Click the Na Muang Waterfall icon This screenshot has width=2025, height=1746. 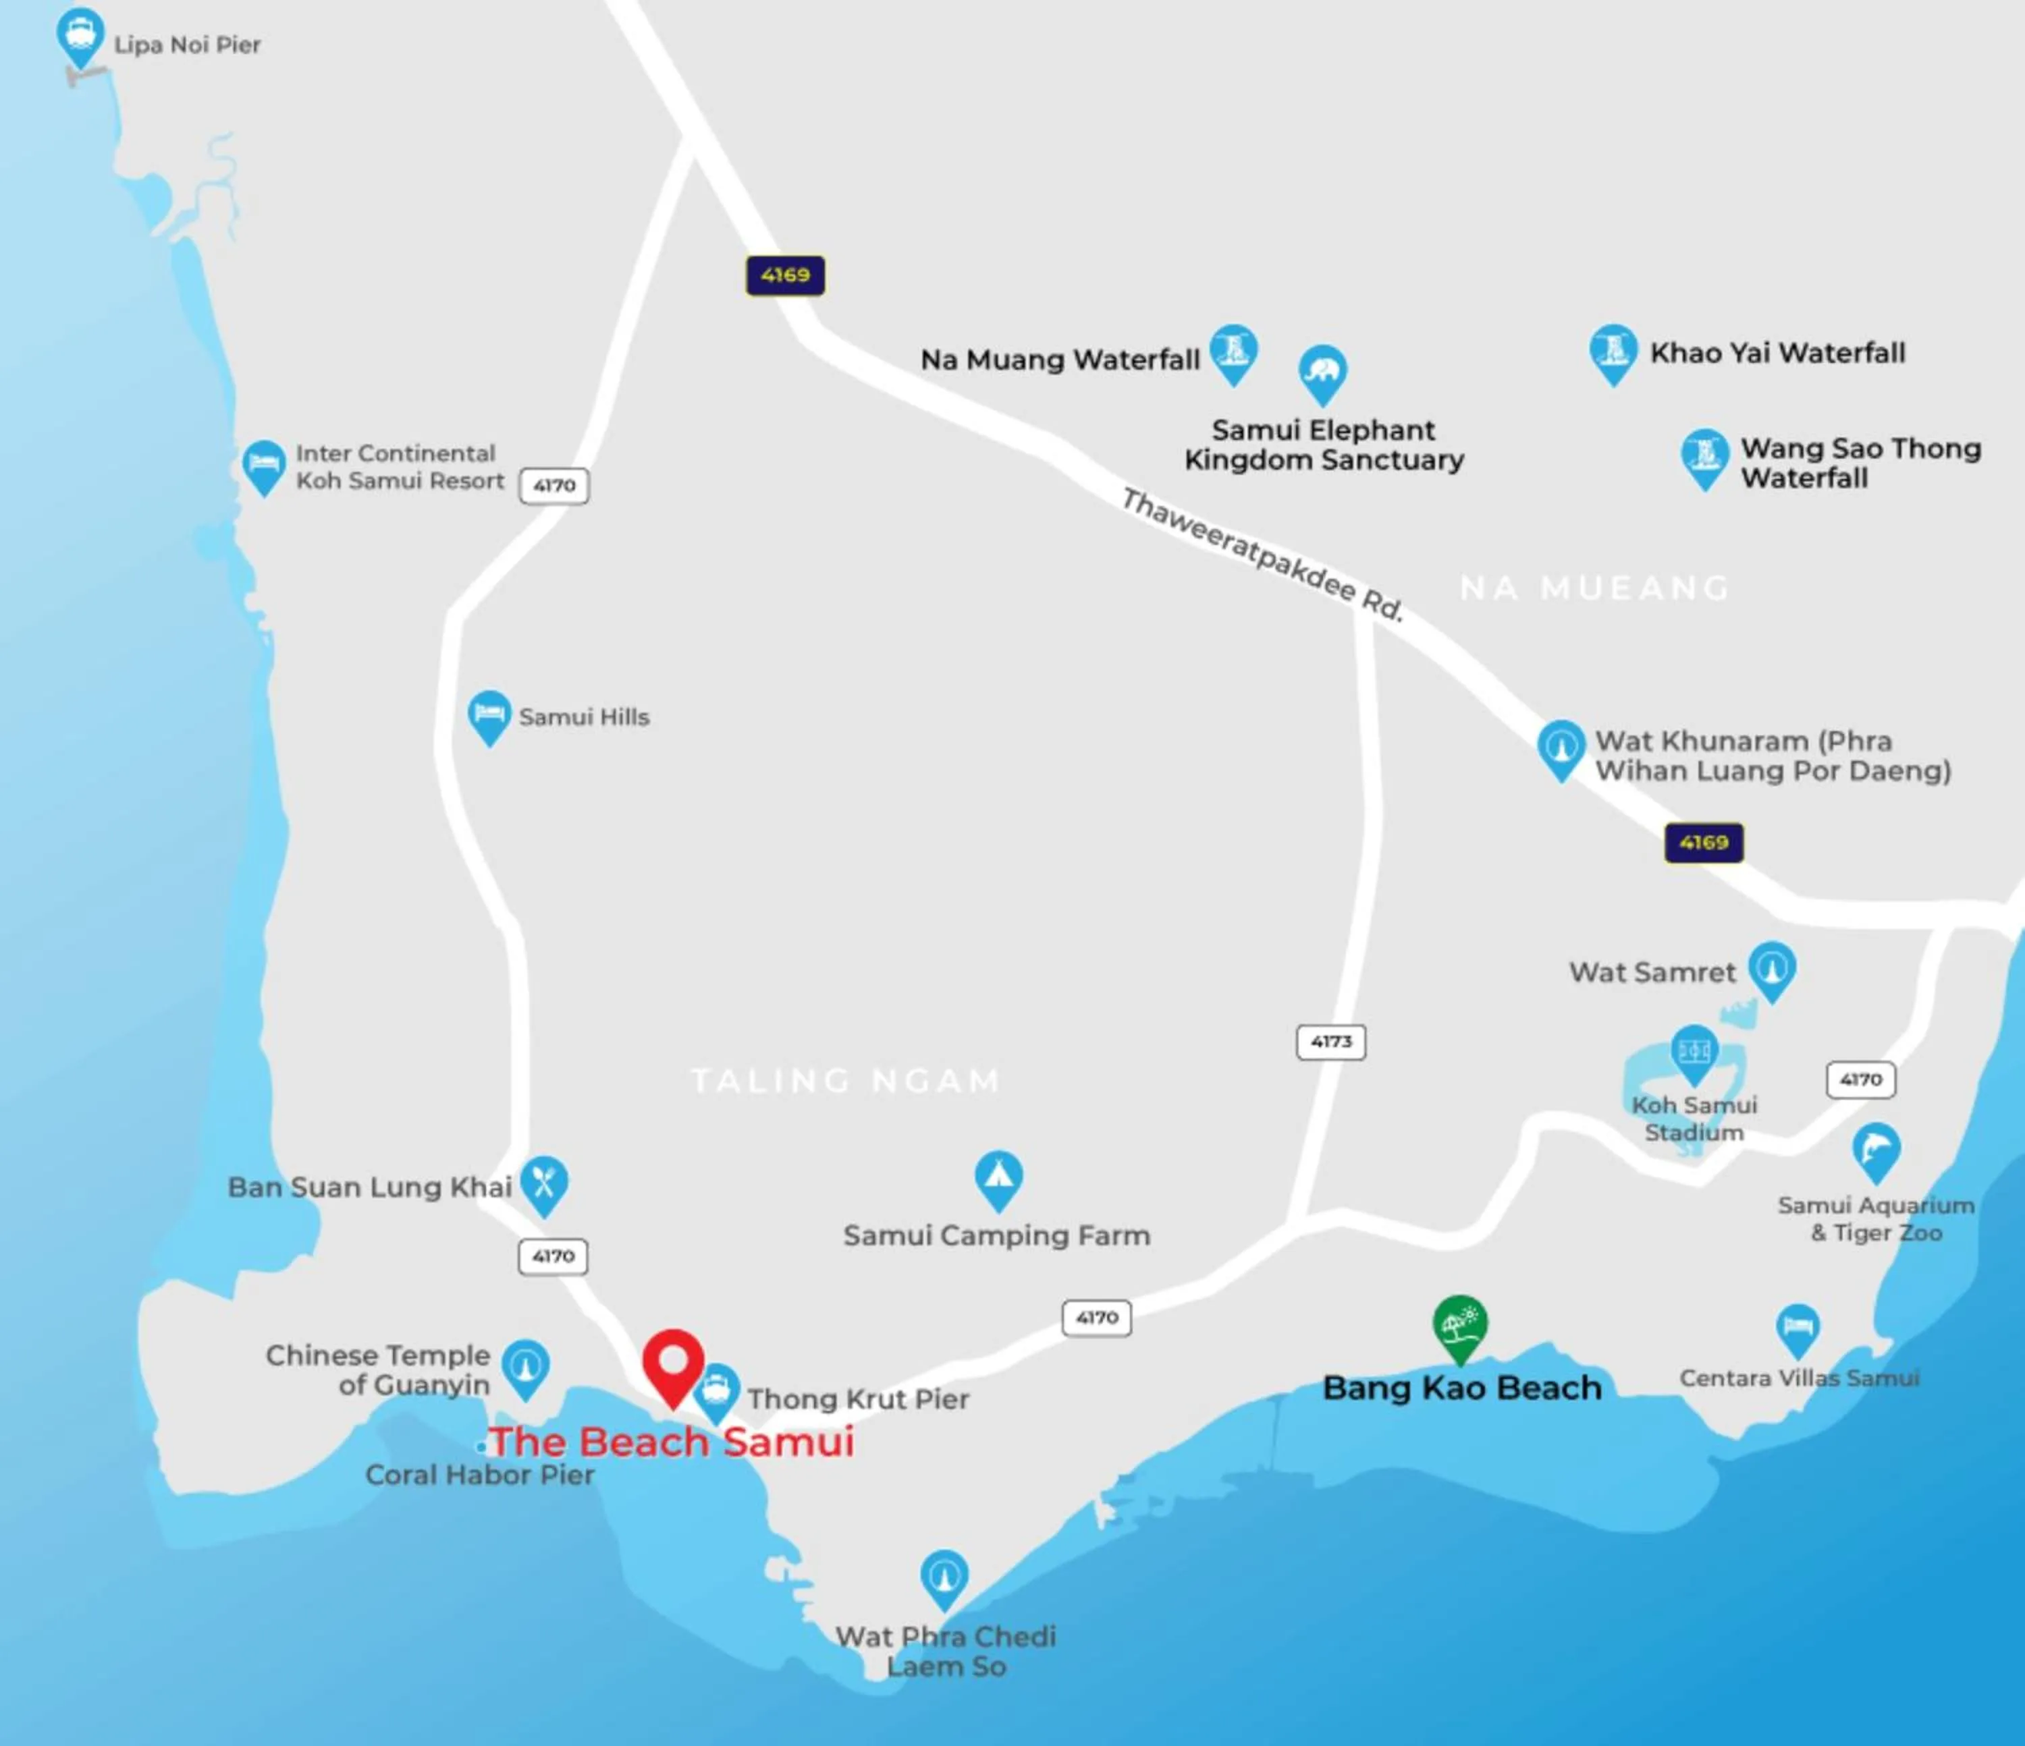pyautogui.click(x=1233, y=351)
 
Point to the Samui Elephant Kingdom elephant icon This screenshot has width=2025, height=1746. pyautogui.click(x=1322, y=372)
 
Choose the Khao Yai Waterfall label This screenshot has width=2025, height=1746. pyautogui.click(x=1777, y=353)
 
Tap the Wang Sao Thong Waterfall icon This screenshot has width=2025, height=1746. pyautogui.click(x=1704, y=456)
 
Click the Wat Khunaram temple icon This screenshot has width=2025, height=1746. pyautogui.click(x=1561, y=748)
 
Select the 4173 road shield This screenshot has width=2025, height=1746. pyautogui.click(x=1330, y=1042)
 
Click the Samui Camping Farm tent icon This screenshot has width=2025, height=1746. pyautogui.click(x=998, y=1177)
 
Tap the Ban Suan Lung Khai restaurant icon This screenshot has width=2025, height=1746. pyautogui.click(x=544, y=1184)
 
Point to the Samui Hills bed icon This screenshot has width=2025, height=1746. pyautogui.click(x=489, y=716)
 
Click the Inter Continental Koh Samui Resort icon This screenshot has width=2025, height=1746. pyautogui.click(x=263, y=465)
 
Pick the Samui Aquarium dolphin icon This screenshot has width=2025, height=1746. pyautogui.click(x=1875, y=1151)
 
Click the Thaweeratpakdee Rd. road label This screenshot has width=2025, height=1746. pyautogui.click(x=1262, y=554)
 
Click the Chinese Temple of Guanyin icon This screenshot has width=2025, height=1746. pyautogui.click(x=526, y=1366)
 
